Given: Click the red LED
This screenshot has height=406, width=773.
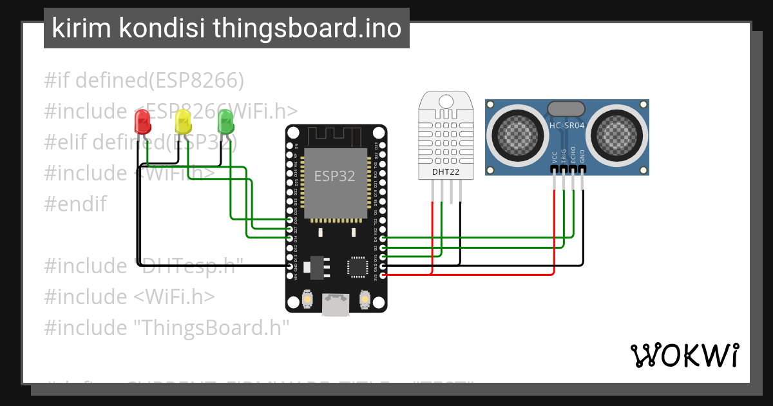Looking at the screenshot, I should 142,122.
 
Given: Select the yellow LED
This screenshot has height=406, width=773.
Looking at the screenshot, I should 184,121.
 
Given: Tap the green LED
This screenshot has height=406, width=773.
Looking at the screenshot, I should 225,121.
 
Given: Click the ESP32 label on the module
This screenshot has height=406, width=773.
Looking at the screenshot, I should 334,176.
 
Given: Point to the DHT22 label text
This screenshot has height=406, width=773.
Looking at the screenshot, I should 445,171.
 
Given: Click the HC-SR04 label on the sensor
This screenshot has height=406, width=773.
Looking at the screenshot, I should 567,126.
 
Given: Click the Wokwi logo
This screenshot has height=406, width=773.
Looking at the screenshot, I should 684,355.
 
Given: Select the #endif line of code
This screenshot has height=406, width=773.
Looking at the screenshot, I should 75,204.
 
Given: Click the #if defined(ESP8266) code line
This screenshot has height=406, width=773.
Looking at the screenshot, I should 144,81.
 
